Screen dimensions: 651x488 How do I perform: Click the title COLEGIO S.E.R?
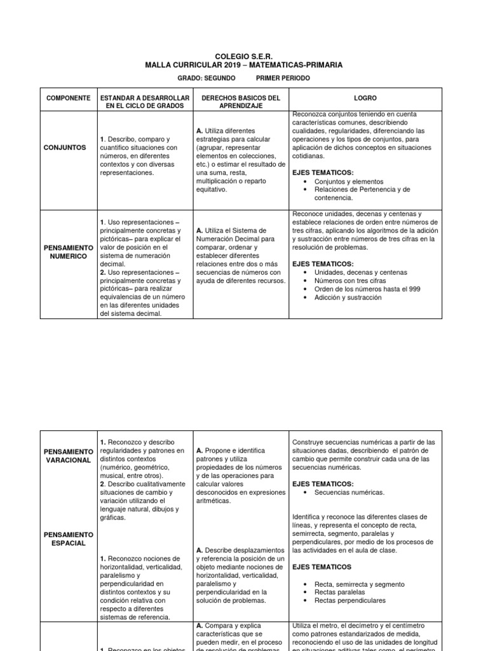[244, 57]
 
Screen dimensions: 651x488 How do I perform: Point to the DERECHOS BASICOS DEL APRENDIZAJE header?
[240, 102]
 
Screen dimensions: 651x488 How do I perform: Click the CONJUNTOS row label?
[65, 147]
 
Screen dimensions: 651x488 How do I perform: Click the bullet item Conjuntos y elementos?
[349, 181]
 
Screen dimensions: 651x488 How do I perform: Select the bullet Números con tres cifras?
[351, 280]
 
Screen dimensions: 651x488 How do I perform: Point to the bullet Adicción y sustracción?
[348, 297]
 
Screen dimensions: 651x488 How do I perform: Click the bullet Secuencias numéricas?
[349, 492]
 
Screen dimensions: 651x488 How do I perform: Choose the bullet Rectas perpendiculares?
[350, 600]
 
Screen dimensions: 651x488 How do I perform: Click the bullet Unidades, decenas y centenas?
[360, 272]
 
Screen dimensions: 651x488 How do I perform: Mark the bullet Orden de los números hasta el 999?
[367, 289]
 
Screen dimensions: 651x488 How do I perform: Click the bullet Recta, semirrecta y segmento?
[360, 584]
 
